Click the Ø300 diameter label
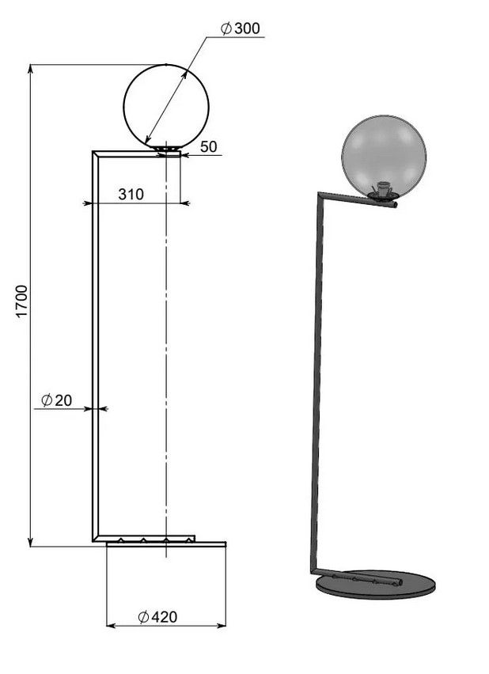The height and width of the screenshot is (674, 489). pos(240,28)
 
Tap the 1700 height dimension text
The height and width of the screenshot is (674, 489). pos(21,301)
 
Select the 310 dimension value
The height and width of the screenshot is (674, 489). pos(131,195)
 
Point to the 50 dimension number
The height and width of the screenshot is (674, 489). pos(209,146)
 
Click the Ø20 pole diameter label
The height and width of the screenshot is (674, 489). pos(56,400)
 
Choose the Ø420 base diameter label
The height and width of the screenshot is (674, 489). pos(157,617)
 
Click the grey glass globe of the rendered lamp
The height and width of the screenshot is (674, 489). pos(384,157)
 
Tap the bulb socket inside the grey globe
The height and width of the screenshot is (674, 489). pos(382,190)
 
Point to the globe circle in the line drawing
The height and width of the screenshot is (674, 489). pos(124,106)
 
